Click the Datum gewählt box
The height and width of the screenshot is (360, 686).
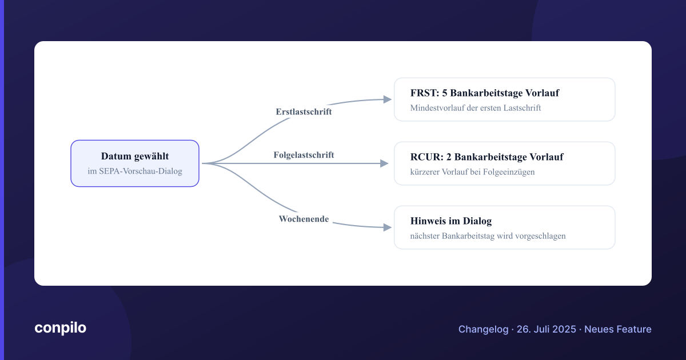(x=135, y=163)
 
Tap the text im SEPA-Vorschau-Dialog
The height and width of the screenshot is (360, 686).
(x=135, y=171)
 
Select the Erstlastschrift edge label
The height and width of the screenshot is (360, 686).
(x=304, y=112)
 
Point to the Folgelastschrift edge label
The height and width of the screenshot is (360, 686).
(x=304, y=155)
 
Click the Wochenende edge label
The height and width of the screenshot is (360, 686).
(x=304, y=219)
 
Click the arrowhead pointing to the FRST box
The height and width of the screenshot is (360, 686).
(x=388, y=99)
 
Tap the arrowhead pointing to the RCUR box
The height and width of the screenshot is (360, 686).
(x=384, y=163)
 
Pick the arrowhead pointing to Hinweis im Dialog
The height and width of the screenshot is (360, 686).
(x=388, y=227)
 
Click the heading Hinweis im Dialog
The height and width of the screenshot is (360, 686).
(x=451, y=221)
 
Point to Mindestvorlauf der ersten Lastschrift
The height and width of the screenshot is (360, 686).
(x=475, y=108)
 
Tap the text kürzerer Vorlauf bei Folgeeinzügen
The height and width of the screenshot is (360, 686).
(x=472, y=172)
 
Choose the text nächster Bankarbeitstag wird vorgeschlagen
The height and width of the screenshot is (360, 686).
(x=488, y=236)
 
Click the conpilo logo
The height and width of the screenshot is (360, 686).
(x=61, y=328)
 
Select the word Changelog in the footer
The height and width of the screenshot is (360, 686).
(x=483, y=329)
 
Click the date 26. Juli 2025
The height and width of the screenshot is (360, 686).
(x=547, y=329)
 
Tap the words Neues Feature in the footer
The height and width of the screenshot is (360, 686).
(x=618, y=329)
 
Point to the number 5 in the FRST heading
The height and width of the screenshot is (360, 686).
(x=444, y=93)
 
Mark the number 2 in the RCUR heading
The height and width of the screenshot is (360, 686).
(x=449, y=157)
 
